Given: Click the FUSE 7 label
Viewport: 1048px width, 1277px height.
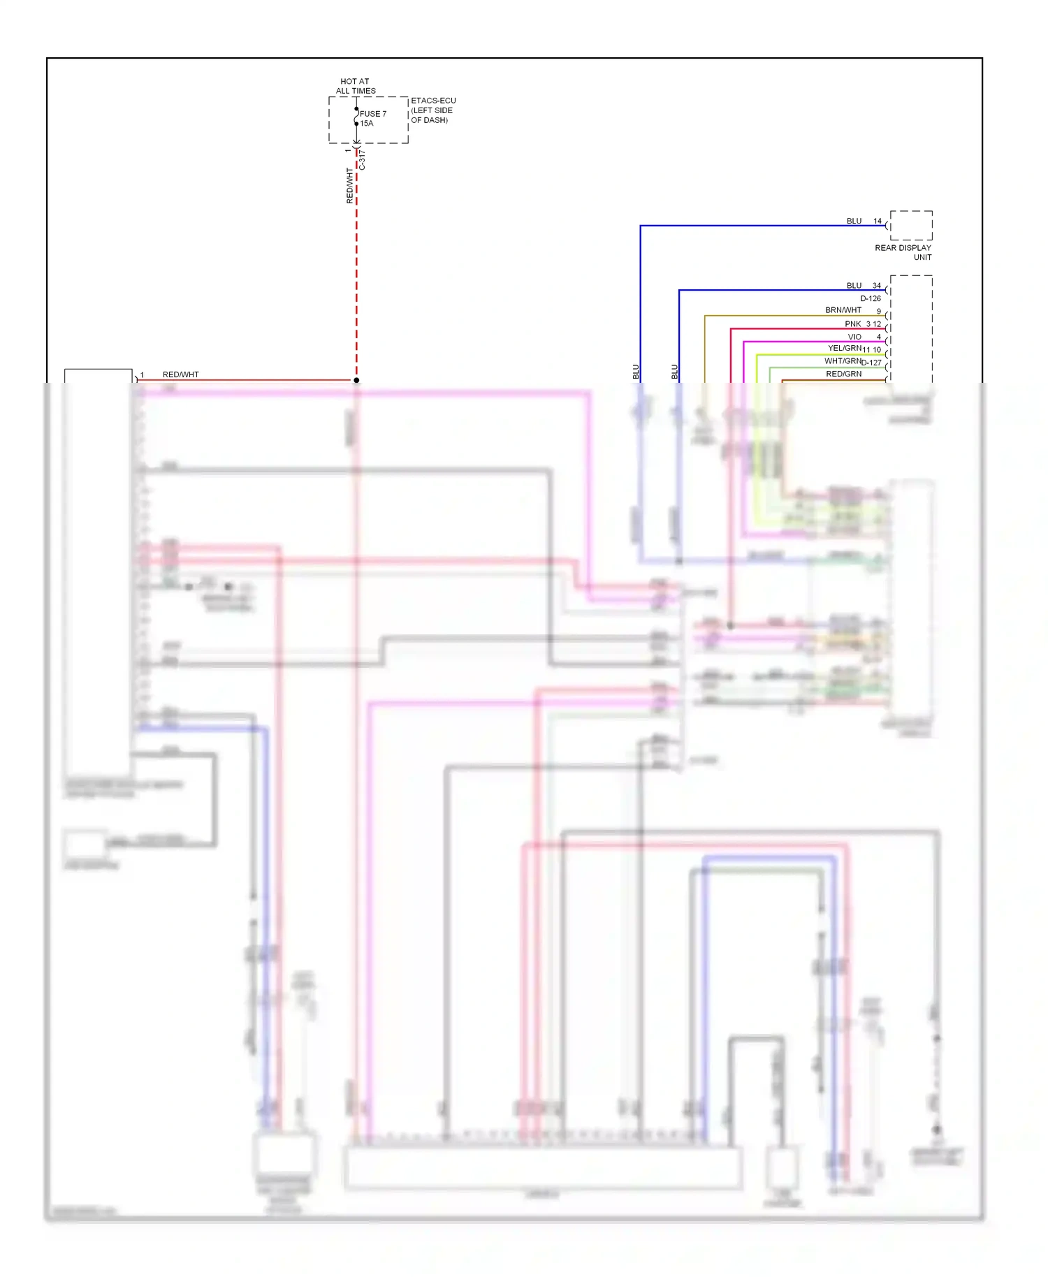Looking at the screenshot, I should point(373,114).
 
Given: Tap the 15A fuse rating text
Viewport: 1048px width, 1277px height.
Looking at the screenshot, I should point(367,124).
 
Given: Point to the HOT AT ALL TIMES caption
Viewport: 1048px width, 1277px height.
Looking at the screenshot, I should point(355,86).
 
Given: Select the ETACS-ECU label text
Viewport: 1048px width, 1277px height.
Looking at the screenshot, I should point(433,101).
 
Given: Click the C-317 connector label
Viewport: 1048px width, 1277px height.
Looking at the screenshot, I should point(362,161).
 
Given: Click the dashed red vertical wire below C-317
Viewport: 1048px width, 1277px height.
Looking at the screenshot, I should point(356,279).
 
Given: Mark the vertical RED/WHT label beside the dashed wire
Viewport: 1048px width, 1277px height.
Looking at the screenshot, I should point(349,186).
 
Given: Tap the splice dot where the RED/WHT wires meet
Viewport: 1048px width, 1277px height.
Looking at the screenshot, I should point(356,380).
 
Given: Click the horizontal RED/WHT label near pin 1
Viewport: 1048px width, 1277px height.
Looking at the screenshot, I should point(181,374).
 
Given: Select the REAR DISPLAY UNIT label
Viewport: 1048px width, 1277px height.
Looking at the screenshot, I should point(903,252).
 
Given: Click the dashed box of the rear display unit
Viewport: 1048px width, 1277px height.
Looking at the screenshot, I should point(911,226).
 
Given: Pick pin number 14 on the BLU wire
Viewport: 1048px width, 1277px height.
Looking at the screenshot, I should point(878,221).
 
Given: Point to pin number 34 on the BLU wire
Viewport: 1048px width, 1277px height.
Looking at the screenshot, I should point(876,286).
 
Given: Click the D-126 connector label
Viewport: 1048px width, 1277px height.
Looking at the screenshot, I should point(871,298).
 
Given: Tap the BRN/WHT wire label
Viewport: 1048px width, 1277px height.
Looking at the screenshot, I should point(843,310).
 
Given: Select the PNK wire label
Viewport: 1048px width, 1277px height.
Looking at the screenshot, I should point(852,324).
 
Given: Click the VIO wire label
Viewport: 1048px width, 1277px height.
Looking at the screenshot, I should point(854,337).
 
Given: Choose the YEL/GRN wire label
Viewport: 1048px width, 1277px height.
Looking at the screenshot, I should point(844,348).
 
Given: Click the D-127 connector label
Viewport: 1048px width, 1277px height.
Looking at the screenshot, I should point(872,363).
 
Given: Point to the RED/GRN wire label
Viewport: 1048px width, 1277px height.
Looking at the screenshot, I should point(843,374).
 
